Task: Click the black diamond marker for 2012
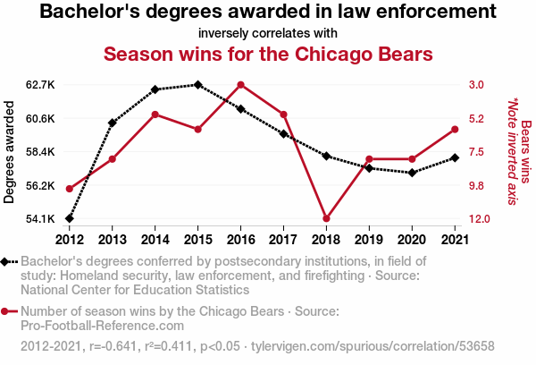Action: [70, 218]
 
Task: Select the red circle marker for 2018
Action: [326, 218]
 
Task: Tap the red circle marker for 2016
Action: [240, 85]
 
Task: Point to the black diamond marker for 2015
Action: [198, 85]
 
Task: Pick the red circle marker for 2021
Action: [455, 130]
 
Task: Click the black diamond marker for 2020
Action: [412, 173]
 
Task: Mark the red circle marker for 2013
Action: [113, 159]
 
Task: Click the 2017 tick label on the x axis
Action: [283, 240]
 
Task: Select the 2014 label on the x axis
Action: [155, 240]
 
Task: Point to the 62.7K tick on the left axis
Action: [40, 85]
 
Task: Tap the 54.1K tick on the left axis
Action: [40, 218]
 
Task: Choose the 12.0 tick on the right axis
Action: [479, 218]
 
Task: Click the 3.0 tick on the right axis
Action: [476, 85]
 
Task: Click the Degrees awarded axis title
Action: [9, 152]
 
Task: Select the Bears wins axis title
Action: [526, 152]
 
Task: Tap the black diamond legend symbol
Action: [4, 262]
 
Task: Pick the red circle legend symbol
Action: [4, 311]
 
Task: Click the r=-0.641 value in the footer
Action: [113, 346]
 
